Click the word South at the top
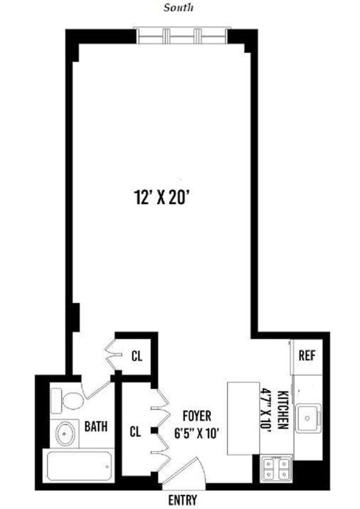pyautogui.click(x=178, y=8)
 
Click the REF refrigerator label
pyautogui.click(x=307, y=356)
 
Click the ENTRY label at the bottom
pyautogui.click(x=183, y=500)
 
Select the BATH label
pyautogui.click(x=96, y=426)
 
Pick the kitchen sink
pyautogui.click(x=308, y=418)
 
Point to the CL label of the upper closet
pyautogui.click(x=137, y=356)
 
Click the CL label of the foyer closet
pyautogui.click(x=135, y=432)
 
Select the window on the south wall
pyautogui.click(x=182, y=37)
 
